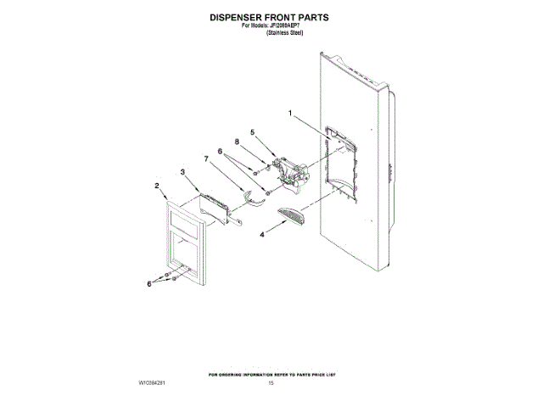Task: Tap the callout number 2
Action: [157, 184]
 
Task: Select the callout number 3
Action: [182, 172]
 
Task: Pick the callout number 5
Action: [252, 132]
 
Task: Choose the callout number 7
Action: [206, 159]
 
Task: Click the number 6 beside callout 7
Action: [219, 152]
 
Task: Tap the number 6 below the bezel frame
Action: [149, 285]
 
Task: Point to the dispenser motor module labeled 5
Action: [288, 170]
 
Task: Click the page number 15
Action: [271, 383]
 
